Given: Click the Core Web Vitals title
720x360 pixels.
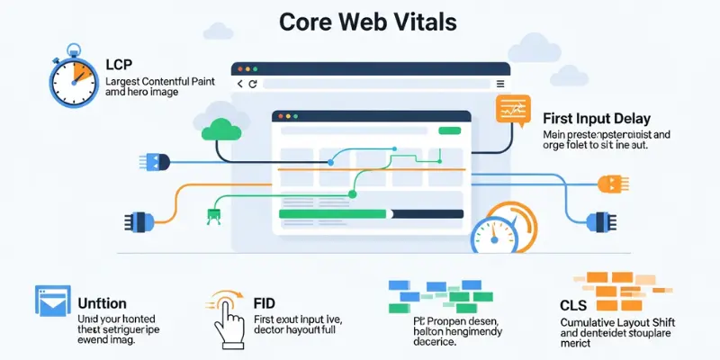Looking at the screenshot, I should tap(359, 21).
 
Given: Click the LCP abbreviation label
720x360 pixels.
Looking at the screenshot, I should tap(120, 65).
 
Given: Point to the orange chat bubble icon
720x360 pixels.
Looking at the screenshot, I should tap(510, 110).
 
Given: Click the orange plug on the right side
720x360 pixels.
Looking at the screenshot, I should tap(610, 184).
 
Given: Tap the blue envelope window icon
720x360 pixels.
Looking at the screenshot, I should tap(52, 302).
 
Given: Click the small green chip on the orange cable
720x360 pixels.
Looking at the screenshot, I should tap(214, 213).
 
